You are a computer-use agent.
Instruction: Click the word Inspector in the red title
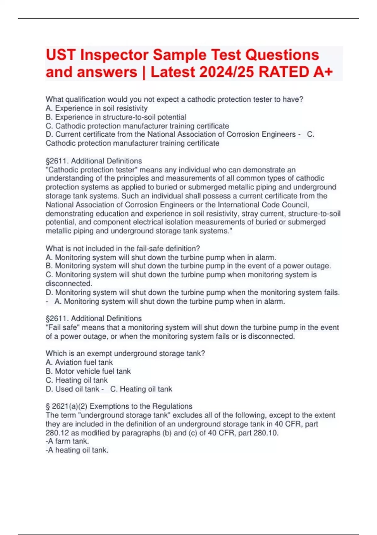tap(114, 55)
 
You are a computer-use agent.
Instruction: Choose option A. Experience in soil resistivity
tap(97, 108)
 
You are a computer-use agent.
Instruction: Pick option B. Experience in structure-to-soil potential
tap(116, 117)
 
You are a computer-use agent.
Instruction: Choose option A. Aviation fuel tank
tap(79, 363)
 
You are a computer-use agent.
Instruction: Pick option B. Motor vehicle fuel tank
tap(88, 371)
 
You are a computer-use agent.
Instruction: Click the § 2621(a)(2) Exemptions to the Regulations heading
tap(119, 406)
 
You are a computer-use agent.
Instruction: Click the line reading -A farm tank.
tap(68, 441)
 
